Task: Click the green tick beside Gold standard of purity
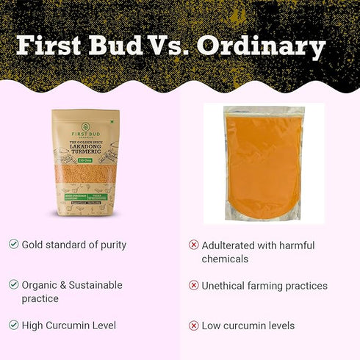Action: [13, 244]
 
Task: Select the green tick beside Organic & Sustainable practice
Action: [13, 284]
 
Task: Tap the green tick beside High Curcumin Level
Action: [13, 325]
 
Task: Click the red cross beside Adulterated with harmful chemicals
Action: [194, 245]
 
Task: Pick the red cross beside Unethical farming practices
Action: [194, 285]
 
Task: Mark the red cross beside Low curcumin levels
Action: [194, 325]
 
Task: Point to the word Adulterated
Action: [228, 245]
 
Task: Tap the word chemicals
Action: [225, 259]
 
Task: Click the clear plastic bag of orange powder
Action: [264, 163]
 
